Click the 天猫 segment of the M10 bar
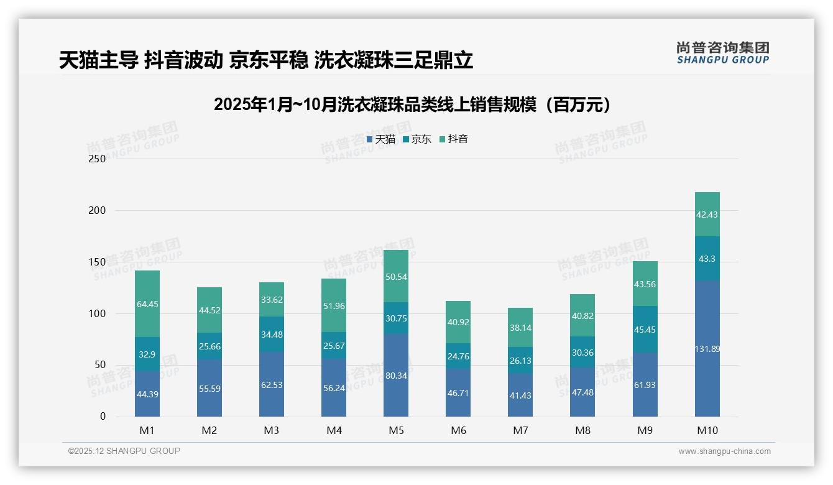tap(707, 348)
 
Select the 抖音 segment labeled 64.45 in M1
tap(147, 304)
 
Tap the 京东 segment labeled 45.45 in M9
tap(645, 330)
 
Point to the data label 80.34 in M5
tap(396, 376)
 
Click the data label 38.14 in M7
tap(520, 328)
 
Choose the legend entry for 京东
tap(417, 139)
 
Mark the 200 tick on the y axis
tap(98, 210)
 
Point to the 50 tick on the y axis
tap(100, 365)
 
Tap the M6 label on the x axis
tap(458, 430)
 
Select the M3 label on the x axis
tap(272, 430)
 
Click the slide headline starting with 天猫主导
tap(266, 60)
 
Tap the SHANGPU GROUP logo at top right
tap(722, 53)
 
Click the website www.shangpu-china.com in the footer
tap(724, 451)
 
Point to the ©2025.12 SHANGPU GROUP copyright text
tap(124, 451)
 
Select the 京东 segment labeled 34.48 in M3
tap(272, 335)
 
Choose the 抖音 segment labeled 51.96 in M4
tap(334, 305)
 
